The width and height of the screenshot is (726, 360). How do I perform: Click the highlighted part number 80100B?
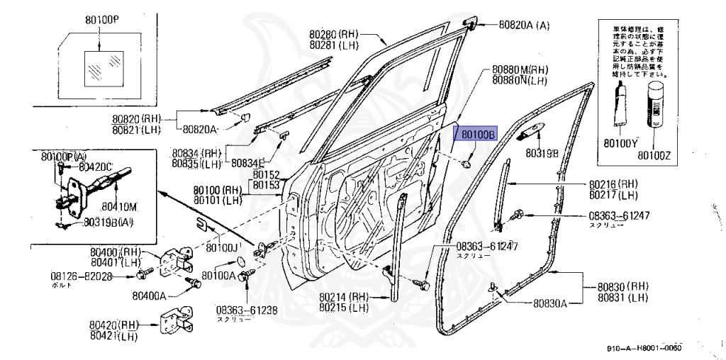(479, 133)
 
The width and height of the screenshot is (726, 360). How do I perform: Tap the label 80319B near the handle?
(542, 152)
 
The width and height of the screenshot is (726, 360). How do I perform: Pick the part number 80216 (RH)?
(613, 184)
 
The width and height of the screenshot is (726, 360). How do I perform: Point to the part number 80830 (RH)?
(614, 288)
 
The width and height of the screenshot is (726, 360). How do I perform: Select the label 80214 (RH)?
(344, 297)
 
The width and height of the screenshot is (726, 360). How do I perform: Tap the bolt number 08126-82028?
(82, 276)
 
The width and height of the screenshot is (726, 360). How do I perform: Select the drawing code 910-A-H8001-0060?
(644, 348)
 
